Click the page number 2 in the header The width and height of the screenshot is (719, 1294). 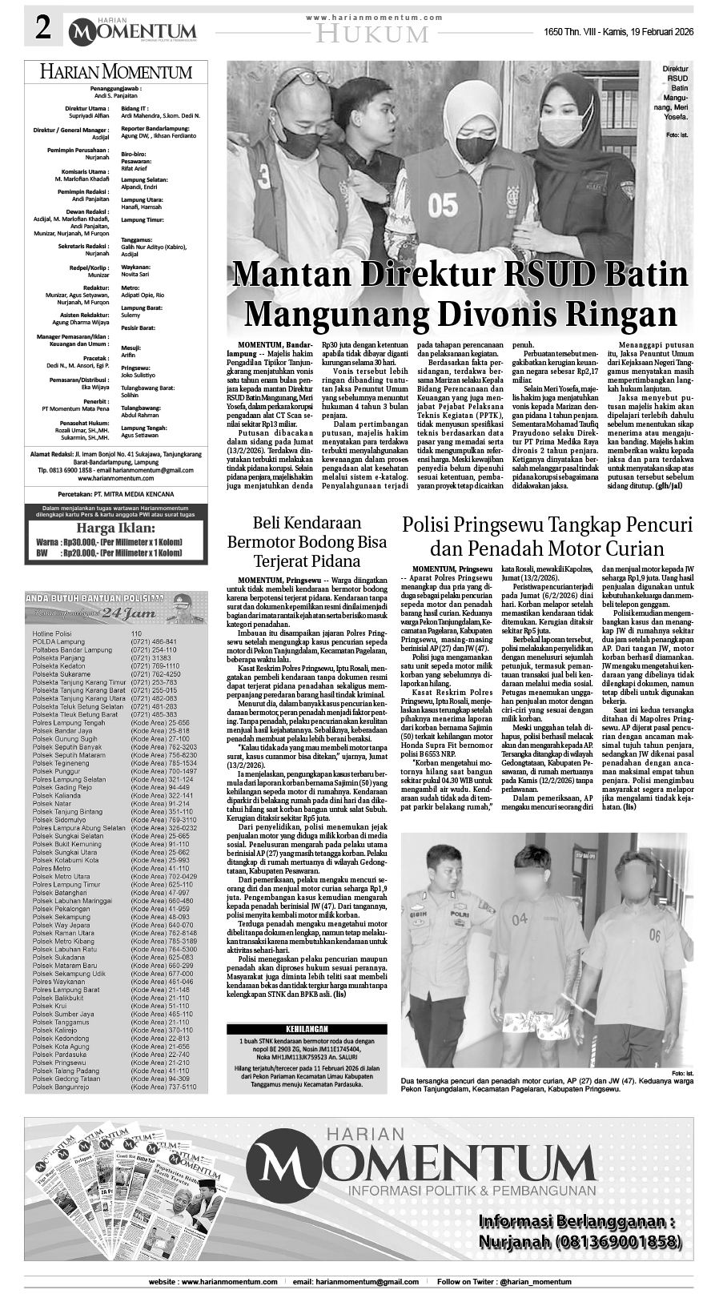(41, 30)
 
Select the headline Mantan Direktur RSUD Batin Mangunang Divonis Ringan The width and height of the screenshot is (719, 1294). (460, 293)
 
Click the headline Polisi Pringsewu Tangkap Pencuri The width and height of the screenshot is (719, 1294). (547, 525)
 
